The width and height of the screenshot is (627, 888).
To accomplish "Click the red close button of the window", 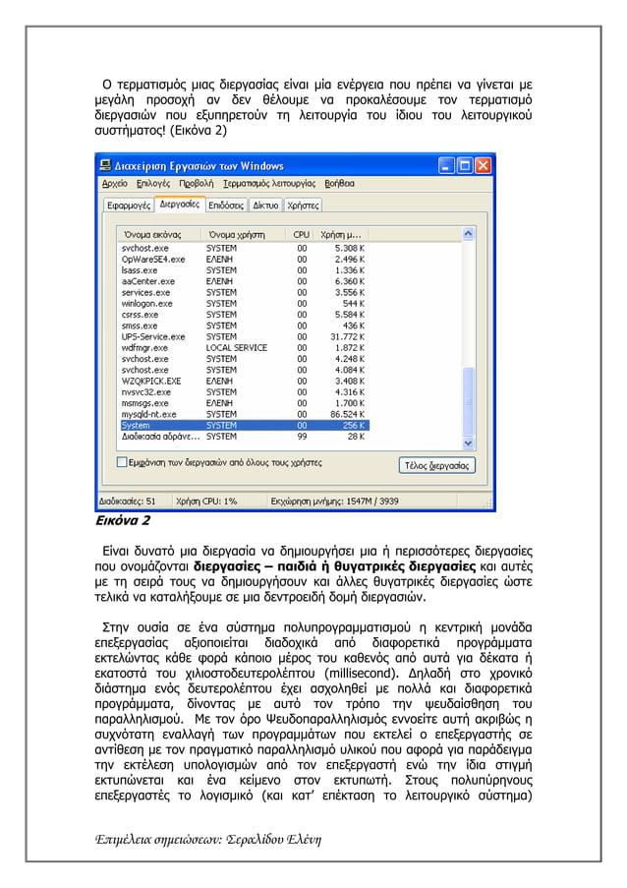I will (484, 165).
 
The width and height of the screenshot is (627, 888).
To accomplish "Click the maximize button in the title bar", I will (464, 165).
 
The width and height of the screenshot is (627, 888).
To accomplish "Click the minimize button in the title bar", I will (444, 165).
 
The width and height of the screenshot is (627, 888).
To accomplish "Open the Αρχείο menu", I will (114, 184).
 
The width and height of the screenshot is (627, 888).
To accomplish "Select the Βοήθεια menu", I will (339, 184).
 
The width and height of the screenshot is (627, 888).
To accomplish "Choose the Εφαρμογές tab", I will (129, 206).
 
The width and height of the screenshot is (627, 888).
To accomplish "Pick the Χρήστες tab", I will (303, 206).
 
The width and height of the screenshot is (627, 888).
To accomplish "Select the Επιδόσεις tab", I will (226, 206).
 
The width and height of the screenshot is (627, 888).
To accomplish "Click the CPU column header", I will (301, 235).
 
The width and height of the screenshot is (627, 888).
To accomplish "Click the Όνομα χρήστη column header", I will (237, 235).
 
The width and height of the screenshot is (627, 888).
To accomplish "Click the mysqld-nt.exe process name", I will (147, 414).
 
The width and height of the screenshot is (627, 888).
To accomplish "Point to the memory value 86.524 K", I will (346, 414).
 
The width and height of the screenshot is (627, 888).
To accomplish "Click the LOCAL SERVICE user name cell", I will (236, 348).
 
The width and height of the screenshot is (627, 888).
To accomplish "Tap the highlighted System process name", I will (136, 425).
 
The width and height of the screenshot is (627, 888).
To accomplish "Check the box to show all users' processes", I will (122, 461).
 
